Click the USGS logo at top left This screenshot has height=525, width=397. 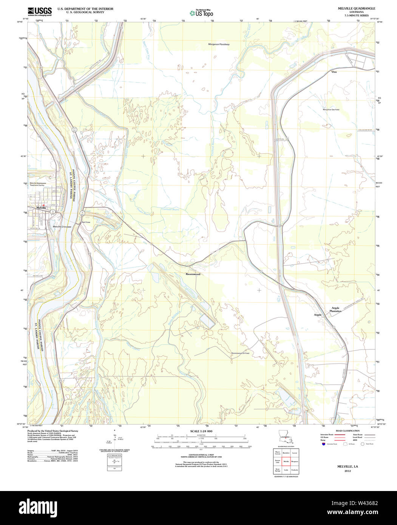tap(39, 11)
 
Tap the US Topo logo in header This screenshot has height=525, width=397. tap(201, 13)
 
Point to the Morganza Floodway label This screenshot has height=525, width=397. tap(219, 44)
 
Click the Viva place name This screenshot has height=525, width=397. tap(334, 71)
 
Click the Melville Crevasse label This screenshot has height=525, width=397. tap(62, 226)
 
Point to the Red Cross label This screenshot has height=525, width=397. tap(86, 222)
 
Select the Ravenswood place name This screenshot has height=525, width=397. tap(193, 274)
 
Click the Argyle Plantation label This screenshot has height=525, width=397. tap(336, 310)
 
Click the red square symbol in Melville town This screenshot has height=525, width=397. tap(44, 205)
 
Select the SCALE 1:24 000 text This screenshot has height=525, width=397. tap(201, 431)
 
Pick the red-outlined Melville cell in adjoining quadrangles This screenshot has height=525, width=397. tap(286, 462)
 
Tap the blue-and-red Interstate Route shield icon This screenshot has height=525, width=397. tap(323, 444)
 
